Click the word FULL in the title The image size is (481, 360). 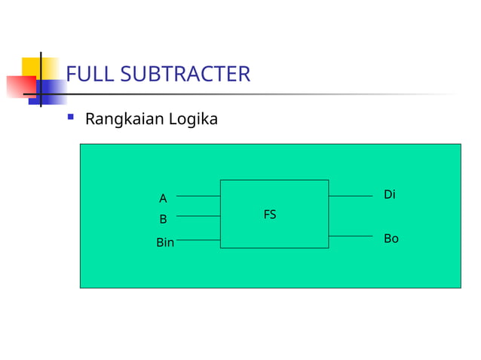[x=89, y=75]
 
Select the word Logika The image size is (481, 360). [x=192, y=119]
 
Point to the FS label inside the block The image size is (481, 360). [x=270, y=215]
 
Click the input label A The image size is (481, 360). [x=163, y=199]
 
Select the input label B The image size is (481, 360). [x=163, y=220]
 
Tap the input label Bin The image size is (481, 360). [x=165, y=243]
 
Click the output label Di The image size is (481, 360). [x=390, y=195]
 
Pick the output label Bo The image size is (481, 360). [x=391, y=239]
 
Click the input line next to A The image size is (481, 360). [x=198, y=196]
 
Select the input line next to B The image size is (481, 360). [x=198, y=216]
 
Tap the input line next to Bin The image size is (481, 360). [x=198, y=240]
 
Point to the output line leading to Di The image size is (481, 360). [x=351, y=196]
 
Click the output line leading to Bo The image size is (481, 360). [x=351, y=236]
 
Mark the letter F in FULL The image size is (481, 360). [x=72, y=75]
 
